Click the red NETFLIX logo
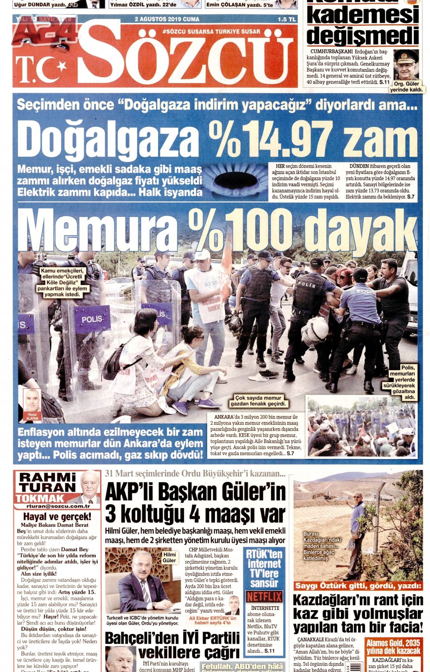264,596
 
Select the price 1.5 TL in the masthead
287,20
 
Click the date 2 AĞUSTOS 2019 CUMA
167,19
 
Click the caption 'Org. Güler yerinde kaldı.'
406,87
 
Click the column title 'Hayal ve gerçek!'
57,517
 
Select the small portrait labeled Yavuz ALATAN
32,402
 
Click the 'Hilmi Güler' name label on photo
169,557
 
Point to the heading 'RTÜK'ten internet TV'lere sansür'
264,568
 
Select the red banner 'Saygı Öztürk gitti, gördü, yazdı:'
358,585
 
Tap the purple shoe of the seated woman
180,407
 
